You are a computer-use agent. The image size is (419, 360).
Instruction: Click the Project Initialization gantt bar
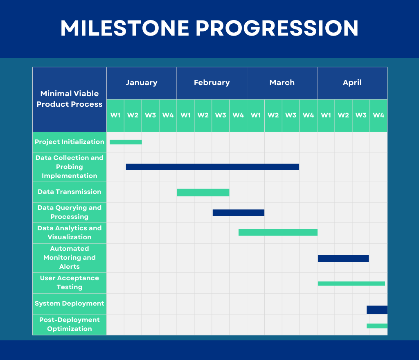point(126,142)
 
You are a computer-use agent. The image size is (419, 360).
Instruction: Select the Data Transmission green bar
point(203,193)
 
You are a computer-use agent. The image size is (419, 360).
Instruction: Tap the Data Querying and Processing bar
point(239,213)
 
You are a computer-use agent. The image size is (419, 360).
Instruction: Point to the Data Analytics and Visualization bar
point(278,232)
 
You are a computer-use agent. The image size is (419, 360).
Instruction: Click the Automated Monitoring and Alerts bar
point(343,259)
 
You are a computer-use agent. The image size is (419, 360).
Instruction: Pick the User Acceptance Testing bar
point(351,283)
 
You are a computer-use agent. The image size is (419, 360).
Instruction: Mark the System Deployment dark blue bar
point(377,310)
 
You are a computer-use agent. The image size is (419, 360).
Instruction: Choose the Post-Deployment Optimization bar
point(377,326)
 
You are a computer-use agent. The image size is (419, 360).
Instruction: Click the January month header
point(142,83)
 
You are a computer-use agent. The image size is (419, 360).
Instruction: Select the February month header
point(212,83)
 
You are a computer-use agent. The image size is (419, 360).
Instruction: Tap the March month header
point(282,83)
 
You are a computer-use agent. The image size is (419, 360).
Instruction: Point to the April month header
point(352,83)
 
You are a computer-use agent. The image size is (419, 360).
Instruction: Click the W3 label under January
point(151,115)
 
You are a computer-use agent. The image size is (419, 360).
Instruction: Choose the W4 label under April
point(378,115)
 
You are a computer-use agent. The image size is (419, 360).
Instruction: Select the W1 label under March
point(256,115)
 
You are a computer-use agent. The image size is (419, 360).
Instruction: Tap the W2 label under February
point(203,115)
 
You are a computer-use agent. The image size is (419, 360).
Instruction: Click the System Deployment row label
point(70,304)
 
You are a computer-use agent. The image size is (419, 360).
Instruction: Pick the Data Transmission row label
point(70,192)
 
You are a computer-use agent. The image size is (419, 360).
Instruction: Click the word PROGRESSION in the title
point(277,28)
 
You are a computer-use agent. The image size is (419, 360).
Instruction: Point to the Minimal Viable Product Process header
point(70,99)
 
